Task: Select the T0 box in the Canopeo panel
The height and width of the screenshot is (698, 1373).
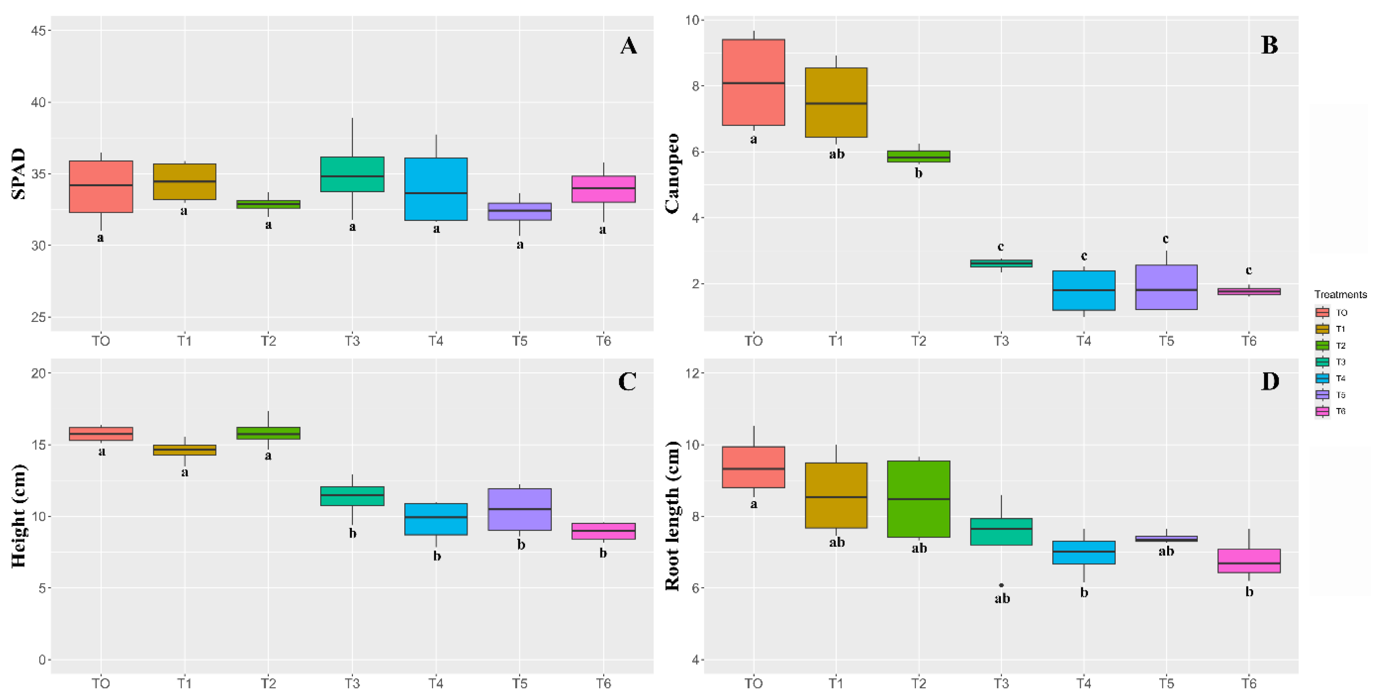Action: (753, 82)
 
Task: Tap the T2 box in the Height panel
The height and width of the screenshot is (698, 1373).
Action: (268, 433)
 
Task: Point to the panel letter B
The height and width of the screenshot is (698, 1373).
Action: (1269, 45)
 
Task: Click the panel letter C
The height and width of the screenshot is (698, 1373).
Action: (627, 382)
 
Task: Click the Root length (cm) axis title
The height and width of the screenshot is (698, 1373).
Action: (673, 516)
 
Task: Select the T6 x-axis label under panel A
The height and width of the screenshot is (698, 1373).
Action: (603, 341)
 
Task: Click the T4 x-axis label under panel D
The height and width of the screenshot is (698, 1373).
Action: (1083, 683)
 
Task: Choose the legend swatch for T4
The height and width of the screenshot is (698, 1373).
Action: (1322, 378)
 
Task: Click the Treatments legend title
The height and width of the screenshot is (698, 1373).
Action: (1340, 294)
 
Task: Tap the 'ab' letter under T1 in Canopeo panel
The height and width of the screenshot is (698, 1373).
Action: (836, 154)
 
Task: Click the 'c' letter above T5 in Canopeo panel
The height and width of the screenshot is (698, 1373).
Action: (1166, 239)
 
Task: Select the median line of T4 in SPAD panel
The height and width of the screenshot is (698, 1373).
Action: (436, 193)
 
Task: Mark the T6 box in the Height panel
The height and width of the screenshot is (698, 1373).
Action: (603, 531)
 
